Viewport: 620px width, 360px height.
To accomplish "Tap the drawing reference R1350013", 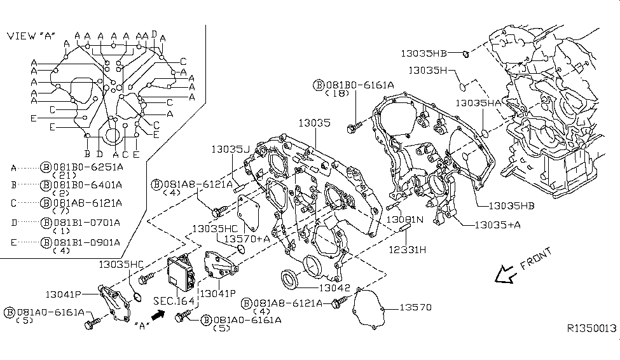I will (591, 328).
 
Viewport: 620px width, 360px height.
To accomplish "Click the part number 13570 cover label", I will (415, 308).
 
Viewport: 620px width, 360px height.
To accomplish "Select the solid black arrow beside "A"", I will (158, 313).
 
